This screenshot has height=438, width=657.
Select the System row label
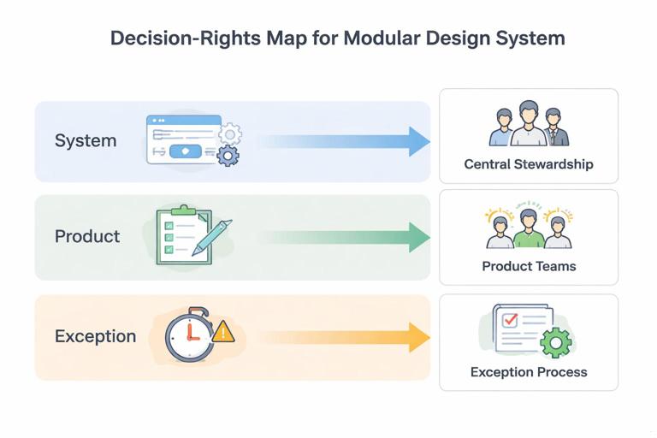(x=86, y=141)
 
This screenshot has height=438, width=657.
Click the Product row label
(x=87, y=237)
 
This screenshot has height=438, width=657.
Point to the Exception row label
(x=95, y=336)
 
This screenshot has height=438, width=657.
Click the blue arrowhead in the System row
(x=418, y=141)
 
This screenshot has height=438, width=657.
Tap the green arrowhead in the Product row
(x=418, y=237)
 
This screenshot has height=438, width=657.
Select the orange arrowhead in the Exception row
(x=418, y=337)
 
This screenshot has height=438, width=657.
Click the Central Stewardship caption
(x=528, y=164)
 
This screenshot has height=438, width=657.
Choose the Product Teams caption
(x=529, y=266)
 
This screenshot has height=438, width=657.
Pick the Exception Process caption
(x=529, y=372)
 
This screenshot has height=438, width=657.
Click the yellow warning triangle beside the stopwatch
(x=222, y=331)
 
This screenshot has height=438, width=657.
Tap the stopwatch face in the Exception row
(x=187, y=337)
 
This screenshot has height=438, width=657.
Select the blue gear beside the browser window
(x=228, y=156)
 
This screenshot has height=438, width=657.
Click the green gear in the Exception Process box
(x=555, y=342)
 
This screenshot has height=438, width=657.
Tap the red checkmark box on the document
(x=510, y=320)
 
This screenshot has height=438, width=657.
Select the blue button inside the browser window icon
(x=186, y=151)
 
